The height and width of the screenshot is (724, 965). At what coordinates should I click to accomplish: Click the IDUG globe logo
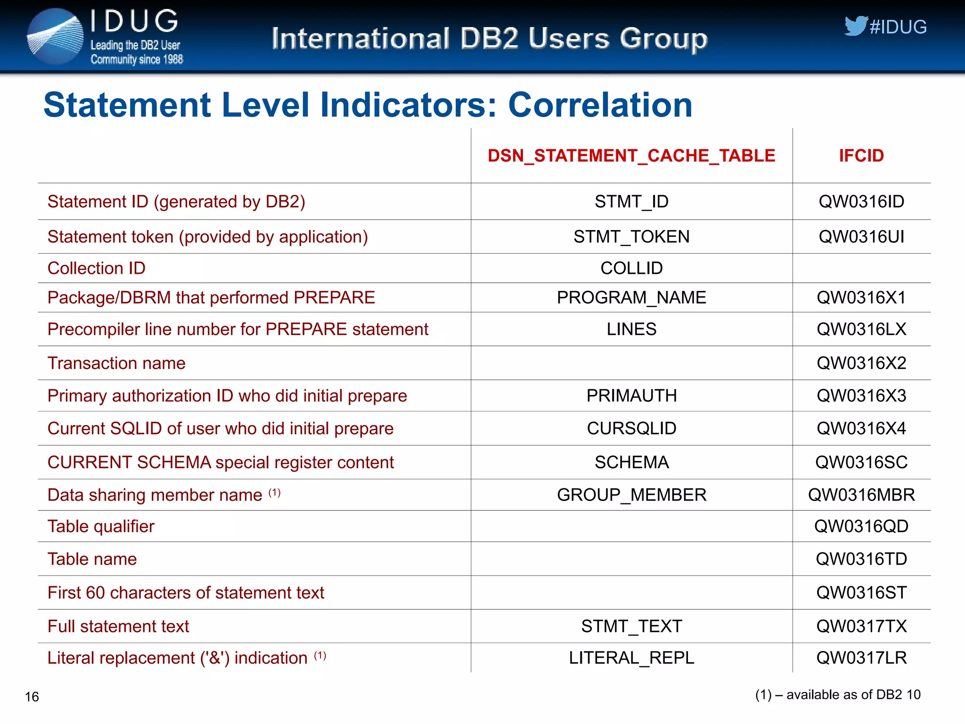click(x=55, y=37)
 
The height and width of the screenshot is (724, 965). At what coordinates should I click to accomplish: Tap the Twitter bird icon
click(x=855, y=26)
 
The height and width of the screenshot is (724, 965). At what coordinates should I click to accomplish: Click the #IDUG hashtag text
click(x=898, y=27)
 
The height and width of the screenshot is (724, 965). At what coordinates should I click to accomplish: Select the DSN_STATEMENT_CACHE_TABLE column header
click(x=631, y=156)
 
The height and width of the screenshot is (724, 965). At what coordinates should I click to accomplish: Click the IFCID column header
click(x=861, y=156)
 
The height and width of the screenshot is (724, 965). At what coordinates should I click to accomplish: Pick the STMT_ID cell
click(x=631, y=202)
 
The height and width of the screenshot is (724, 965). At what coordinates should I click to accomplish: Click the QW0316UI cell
click(x=861, y=237)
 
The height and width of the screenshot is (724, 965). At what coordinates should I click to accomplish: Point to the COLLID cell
click(x=631, y=268)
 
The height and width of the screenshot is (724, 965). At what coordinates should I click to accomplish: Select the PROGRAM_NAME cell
click(x=631, y=298)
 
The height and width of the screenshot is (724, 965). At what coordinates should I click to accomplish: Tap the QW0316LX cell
click(x=861, y=329)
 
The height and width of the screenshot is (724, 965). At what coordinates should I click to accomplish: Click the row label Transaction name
click(x=116, y=363)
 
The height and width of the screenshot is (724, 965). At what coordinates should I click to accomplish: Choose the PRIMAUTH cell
click(x=631, y=396)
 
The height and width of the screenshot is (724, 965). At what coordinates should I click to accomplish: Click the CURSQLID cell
click(x=631, y=428)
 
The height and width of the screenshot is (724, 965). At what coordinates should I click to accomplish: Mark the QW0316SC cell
click(x=861, y=462)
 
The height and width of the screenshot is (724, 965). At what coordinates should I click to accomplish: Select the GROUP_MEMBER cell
click(x=631, y=495)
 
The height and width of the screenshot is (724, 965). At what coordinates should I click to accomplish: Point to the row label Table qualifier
click(x=101, y=527)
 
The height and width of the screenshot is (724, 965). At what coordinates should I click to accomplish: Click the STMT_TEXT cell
click(x=631, y=626)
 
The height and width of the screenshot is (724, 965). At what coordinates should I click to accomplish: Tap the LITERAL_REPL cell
click(x=631, y=658)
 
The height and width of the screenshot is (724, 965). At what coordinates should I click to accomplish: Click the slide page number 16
click(x=32, y=697)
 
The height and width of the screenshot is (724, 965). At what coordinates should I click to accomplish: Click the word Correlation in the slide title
click(x=600, y=105)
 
